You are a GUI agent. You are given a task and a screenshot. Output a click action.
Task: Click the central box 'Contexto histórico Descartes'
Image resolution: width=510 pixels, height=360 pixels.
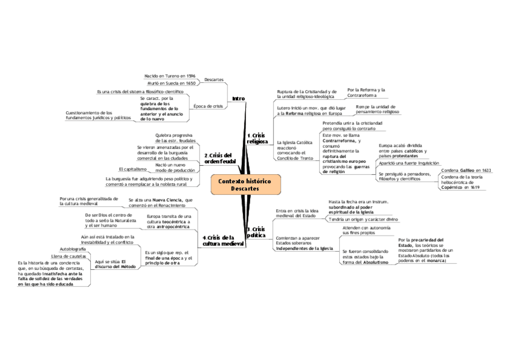pyautogui.click(x=245, y=185)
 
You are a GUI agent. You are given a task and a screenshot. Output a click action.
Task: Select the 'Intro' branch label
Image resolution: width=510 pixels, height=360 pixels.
pyautogui.click(x=239, y=98)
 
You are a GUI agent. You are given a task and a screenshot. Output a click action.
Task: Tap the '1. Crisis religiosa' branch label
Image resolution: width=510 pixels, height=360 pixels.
pyautogui.click(x=257, y=139)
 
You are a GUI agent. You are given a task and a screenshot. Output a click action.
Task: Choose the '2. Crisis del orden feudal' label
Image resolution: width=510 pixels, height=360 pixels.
pyautogui.click(x=218, y=158)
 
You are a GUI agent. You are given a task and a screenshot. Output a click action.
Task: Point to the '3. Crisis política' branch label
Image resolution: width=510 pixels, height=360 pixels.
pyautogui.click(x=256, y=232)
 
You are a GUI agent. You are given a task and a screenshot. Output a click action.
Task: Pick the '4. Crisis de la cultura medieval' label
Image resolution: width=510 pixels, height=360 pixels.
pyautogui.click(x=223, y=242)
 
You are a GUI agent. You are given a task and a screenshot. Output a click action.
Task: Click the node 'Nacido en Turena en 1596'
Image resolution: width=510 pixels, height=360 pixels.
pyautogui.click(x=170, y=76)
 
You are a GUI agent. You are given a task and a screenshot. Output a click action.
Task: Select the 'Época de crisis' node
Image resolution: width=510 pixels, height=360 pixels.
pyautogui.click(x=209, y=106)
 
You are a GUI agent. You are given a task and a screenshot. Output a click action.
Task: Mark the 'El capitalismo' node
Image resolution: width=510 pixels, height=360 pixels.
pyautogui.click(x=133, y=169)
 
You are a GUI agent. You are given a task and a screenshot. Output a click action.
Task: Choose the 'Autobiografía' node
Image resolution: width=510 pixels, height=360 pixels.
pyautogui.click(x=73, y=248)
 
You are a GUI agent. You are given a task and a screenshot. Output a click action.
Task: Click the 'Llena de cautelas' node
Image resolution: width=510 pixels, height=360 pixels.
pyautogui.click(x=69, y=256)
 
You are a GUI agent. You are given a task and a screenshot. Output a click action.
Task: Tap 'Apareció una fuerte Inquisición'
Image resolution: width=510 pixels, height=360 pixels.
pyautogui.click(x=408, y=162)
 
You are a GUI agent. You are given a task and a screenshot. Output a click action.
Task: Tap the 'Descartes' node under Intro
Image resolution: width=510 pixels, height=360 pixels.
pyautogui.click(x=215, y=80)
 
